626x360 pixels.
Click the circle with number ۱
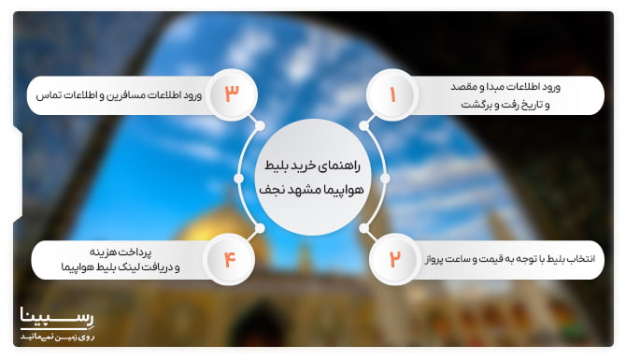click(x=393, y=95)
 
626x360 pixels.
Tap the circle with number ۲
click(x=393, y=259)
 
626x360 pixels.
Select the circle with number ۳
click(x=233, y=95)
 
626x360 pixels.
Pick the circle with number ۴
click(x=233, y=259)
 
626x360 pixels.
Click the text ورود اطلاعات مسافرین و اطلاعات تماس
click(x=112, y=95)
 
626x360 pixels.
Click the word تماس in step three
click(x=46, y=95)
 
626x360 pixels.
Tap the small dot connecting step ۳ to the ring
click(x=260, y=124)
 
